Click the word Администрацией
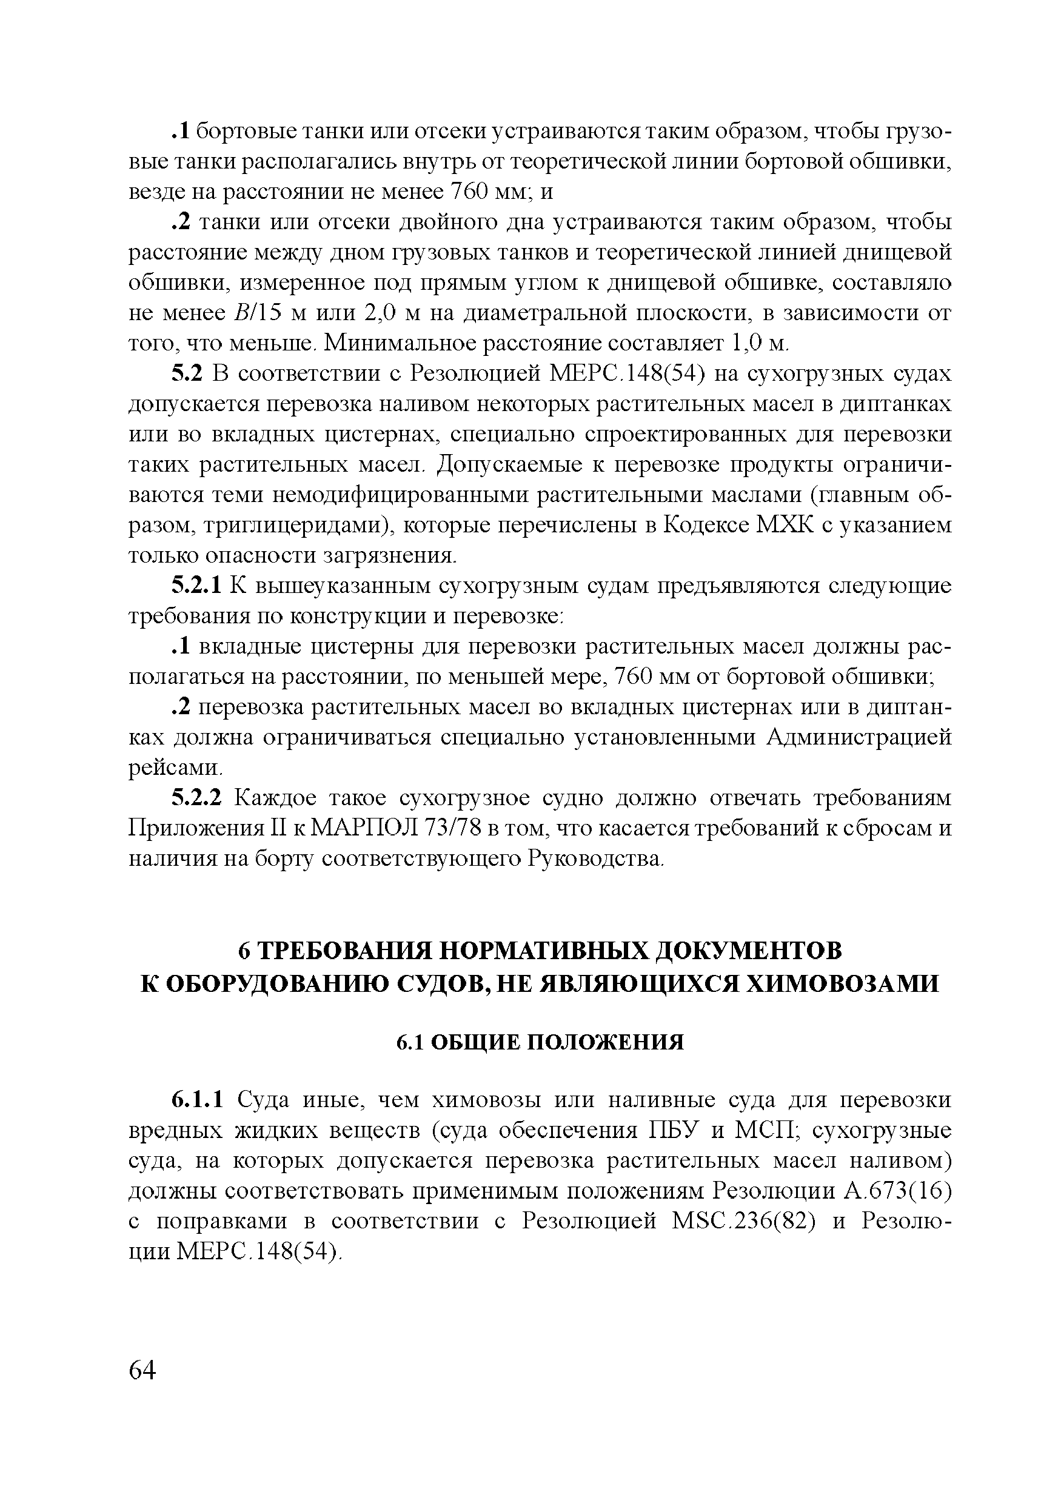859,738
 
